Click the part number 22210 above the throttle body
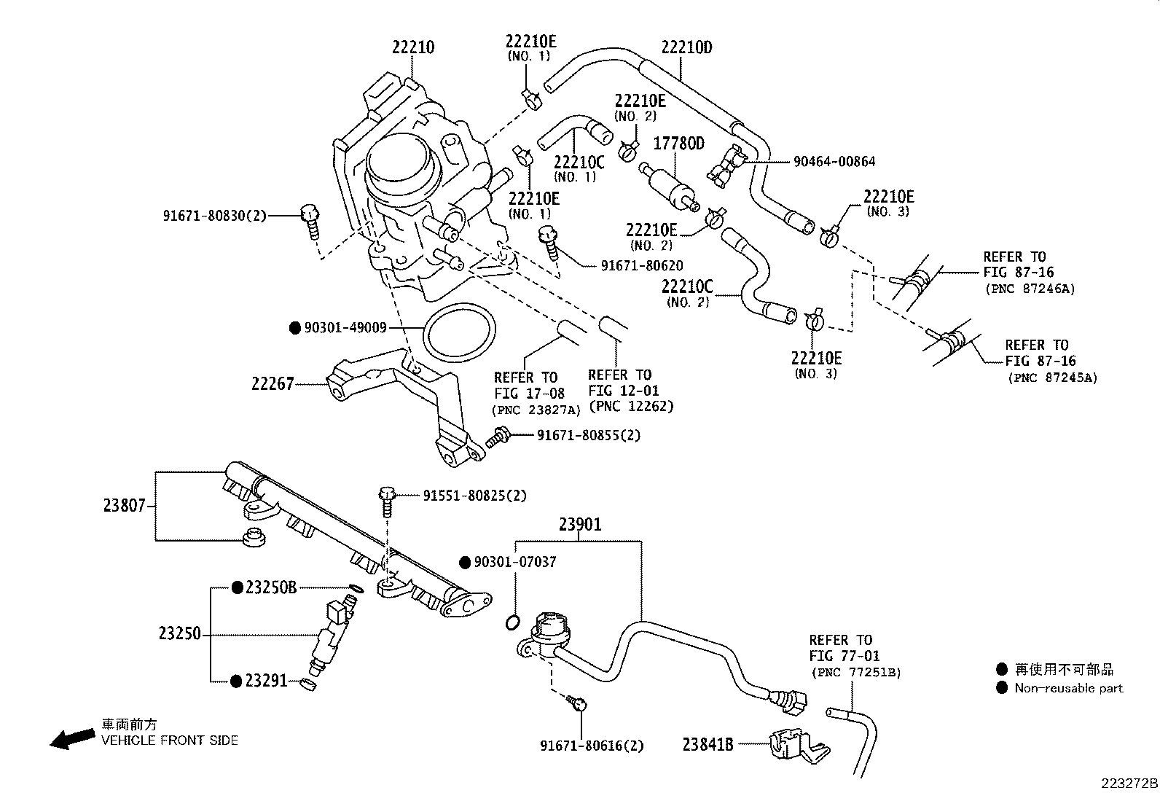tap(412, 47)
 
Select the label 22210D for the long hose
tap(686, 47)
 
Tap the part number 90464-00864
tap(834, 162)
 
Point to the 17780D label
tap(679, 144)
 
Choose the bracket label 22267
tap(273, 384)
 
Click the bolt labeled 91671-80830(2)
tap(310, 222)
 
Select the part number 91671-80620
tap(642, 266)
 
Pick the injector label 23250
tap(179, 633)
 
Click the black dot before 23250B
tap(238, 587)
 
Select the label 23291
tap(266, 681)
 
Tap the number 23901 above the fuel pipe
tap(580, 525)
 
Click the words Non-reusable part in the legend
tap(1069, 689)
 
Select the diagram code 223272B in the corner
tap(1129, 784)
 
